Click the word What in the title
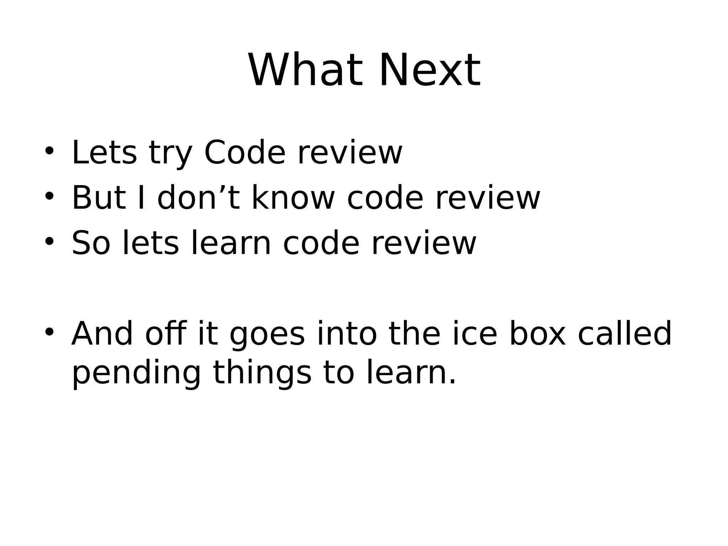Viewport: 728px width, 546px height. coord(305,70)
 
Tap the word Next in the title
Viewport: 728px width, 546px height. coord(430,70)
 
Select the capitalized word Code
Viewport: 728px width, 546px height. coord(245,153)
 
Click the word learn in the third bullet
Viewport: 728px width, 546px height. coord(231,243)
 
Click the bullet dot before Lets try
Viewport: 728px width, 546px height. coord(49,151)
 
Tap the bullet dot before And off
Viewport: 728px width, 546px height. coord(49,332)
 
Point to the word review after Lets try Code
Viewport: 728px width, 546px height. coord(350,153)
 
